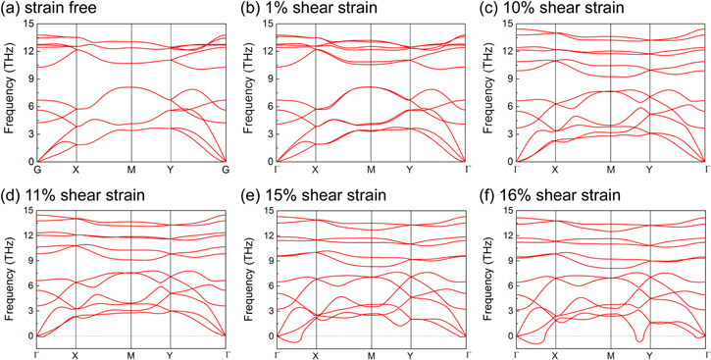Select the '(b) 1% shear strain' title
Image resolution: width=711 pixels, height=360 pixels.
point(299,9)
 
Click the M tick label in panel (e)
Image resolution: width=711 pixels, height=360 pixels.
point(372,354)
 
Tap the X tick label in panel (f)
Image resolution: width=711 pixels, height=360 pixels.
point(555,354)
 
